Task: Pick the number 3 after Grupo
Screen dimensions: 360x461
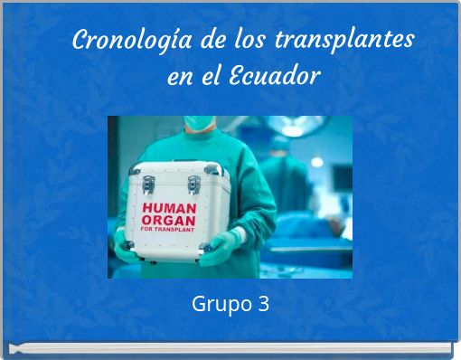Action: (263, 304)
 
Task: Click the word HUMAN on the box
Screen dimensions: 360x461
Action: (172, 208)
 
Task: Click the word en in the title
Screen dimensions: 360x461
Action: (178, 76)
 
